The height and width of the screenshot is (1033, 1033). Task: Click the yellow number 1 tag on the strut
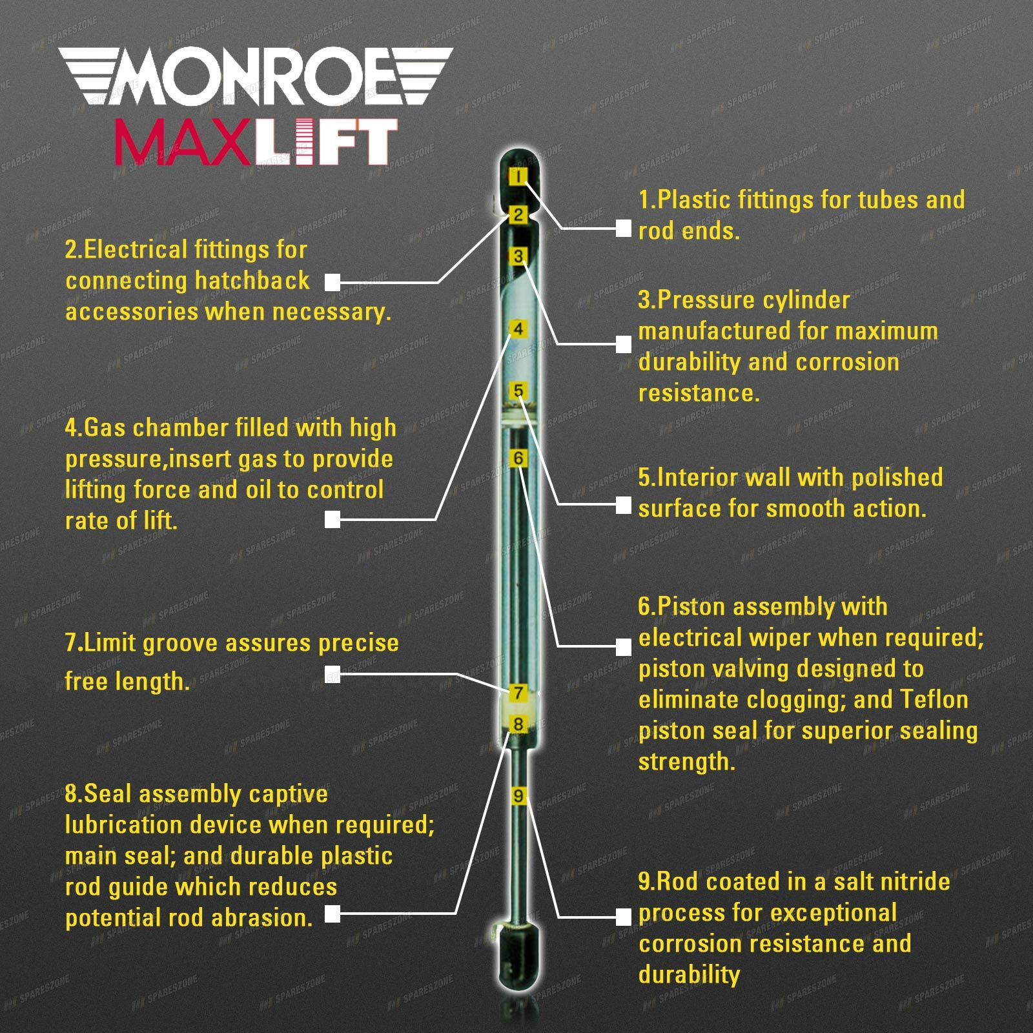[518, 177]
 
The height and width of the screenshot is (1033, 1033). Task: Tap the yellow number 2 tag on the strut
[518, 215]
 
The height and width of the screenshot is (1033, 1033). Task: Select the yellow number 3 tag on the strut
[518, 257]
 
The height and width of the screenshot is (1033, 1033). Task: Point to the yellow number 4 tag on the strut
[518, 329]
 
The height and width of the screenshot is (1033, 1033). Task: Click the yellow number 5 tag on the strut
[518, 391]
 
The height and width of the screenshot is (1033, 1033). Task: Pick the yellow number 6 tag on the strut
[518, 458]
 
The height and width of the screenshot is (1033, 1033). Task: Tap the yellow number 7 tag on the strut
[518, 693]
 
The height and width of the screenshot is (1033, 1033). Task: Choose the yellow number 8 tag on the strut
[518, 724]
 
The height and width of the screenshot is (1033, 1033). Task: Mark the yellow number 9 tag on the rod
[518, 795]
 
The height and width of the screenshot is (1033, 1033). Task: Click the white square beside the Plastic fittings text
[623, 229]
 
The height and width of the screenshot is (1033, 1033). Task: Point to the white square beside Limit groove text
[332, 674]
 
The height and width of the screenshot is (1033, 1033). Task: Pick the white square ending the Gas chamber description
[332, 519]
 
